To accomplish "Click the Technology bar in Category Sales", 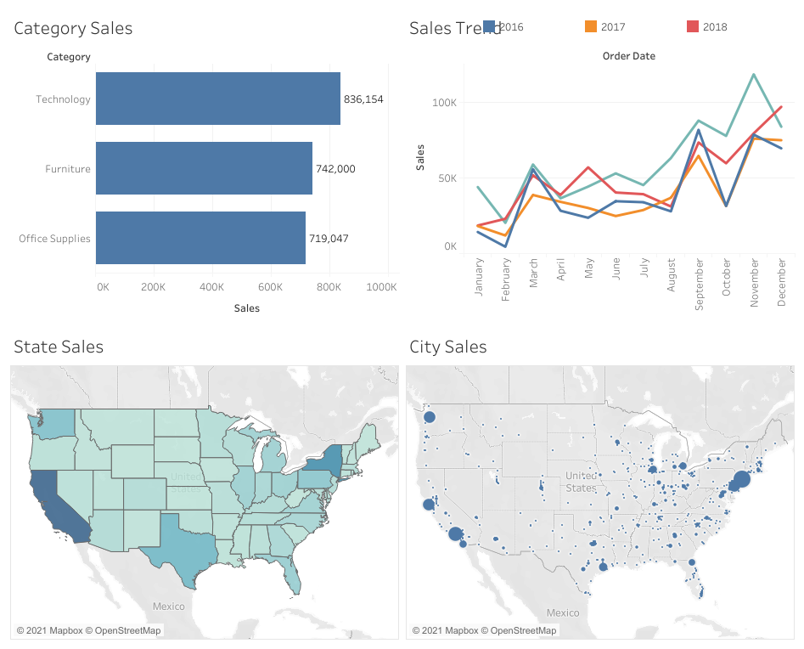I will click(217, 99).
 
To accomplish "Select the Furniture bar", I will click(204, 168).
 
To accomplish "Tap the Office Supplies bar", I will click(200, 238).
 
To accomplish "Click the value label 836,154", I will click(363, 99).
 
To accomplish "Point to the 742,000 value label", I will click(335, 169).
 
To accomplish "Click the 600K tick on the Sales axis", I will click(270, 287).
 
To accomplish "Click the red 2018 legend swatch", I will click(692, 26).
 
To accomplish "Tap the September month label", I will click(700, 285).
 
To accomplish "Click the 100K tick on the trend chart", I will click(444, 103).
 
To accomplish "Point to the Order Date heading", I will click(628, 56).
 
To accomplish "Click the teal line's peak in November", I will click(754, 75).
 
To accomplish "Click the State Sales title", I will click(59, 347).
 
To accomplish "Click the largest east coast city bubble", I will click(741, 479).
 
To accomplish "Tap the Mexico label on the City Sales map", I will click(563, 612).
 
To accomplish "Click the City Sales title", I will click(447, 347).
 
